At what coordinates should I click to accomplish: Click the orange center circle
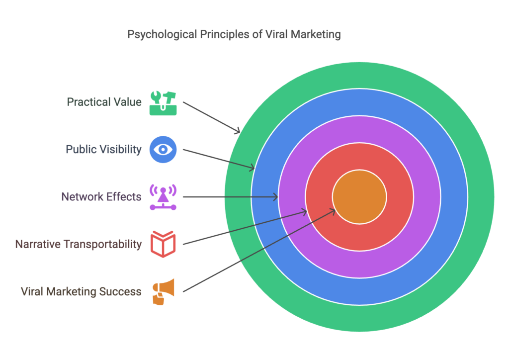point(359,197)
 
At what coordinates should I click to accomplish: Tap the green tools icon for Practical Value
point(163,102)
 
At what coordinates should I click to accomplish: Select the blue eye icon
point(163,149)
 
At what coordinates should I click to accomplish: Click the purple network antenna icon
point(163,197)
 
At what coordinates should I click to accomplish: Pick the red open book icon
point(163,244)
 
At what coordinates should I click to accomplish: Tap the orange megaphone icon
point(163,292)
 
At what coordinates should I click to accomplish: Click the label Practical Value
point(104,102)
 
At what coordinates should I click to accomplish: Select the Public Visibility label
point(103,149)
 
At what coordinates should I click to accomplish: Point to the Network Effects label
point(101,197)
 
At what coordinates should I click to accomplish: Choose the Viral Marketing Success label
point(81,292)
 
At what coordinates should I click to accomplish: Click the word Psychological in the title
point(158,35)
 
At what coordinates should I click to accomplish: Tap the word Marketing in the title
point(318,35)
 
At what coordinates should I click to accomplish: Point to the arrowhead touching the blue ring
point(253,169)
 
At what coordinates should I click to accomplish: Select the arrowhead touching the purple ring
point(276,197)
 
